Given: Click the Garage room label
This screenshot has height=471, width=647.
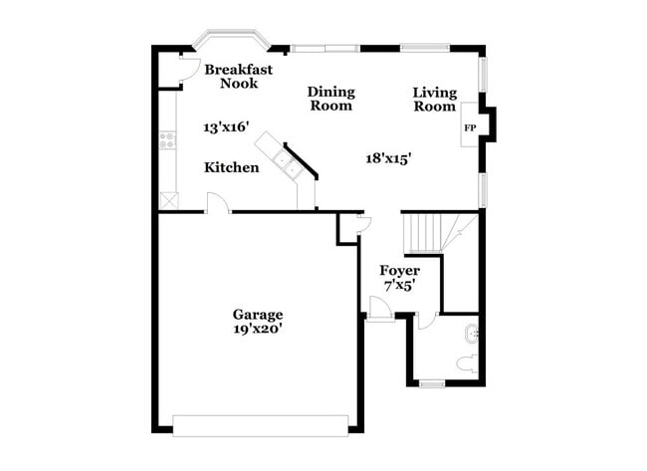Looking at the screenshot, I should pos(258,315).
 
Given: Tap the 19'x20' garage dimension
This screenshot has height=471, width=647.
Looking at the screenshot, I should pos(258,330).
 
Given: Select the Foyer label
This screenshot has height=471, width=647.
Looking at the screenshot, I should pos(399,271).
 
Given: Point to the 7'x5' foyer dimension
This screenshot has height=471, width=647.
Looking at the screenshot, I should pos(399,285).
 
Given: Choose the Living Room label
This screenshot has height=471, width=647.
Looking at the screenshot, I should pos(435,100).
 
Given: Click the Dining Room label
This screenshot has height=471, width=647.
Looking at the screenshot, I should pos(331,99).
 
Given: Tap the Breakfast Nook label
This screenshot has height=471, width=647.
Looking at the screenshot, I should pos(238,77).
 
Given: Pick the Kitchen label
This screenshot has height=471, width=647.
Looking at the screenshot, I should pos(232,168).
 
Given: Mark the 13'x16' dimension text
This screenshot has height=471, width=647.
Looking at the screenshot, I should pos(226,127).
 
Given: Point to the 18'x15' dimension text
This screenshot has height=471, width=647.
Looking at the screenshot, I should pos(389,157).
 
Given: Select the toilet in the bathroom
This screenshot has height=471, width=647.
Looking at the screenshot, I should pos(465,362).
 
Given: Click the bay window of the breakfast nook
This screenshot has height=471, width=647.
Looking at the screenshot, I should pos(231,41).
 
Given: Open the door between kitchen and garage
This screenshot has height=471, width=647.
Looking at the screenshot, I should pos(218,204).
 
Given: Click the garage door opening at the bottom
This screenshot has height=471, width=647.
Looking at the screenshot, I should pos(261,425).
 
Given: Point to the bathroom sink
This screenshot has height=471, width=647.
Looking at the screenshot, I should pos(472,333).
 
